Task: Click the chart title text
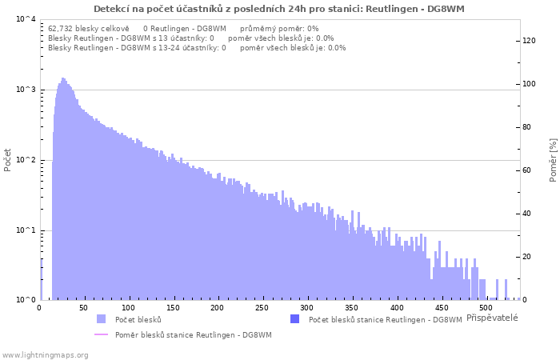pyautogui.click(x=279, y=9)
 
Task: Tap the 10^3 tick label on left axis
pyautogui.click(x=26, y=90)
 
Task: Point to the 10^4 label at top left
pyautogui.click(x=26, y=19)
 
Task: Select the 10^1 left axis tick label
pyautogui.click(x=26, y=230)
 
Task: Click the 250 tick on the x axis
pyautogui.click(x=262, y=308)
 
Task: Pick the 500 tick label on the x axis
pyautogui.click(x=486, y=308)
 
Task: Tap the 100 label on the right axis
pyautogui.click(x=530, y=84)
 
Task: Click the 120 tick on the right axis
pyautogui.click(x=530, y=41)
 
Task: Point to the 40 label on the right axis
pyautogui.click(x=526, y=214)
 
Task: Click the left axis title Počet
pyautogui.click(x=7, y=160)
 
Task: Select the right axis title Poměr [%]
pyautogui.click(x=554, y=160)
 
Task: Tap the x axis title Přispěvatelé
pyautogui.click(x=492, y=318)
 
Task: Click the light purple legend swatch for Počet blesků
pyautogui.click(x=101, y=319)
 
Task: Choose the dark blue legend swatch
pyautogui.click(x=294, y=319)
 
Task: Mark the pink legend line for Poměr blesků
pyautogui.click(x=101, y=334)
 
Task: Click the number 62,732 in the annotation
pyautogui.click(x=60, y=29)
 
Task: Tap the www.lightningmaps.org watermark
pyautogui.click(x=44, y=355)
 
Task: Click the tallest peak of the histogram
pyautogui.click(x=63, y=78)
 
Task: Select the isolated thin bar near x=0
pyautogui.click(x=41, y=280)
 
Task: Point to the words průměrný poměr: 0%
pyautogui.click(x=279, y=29)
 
